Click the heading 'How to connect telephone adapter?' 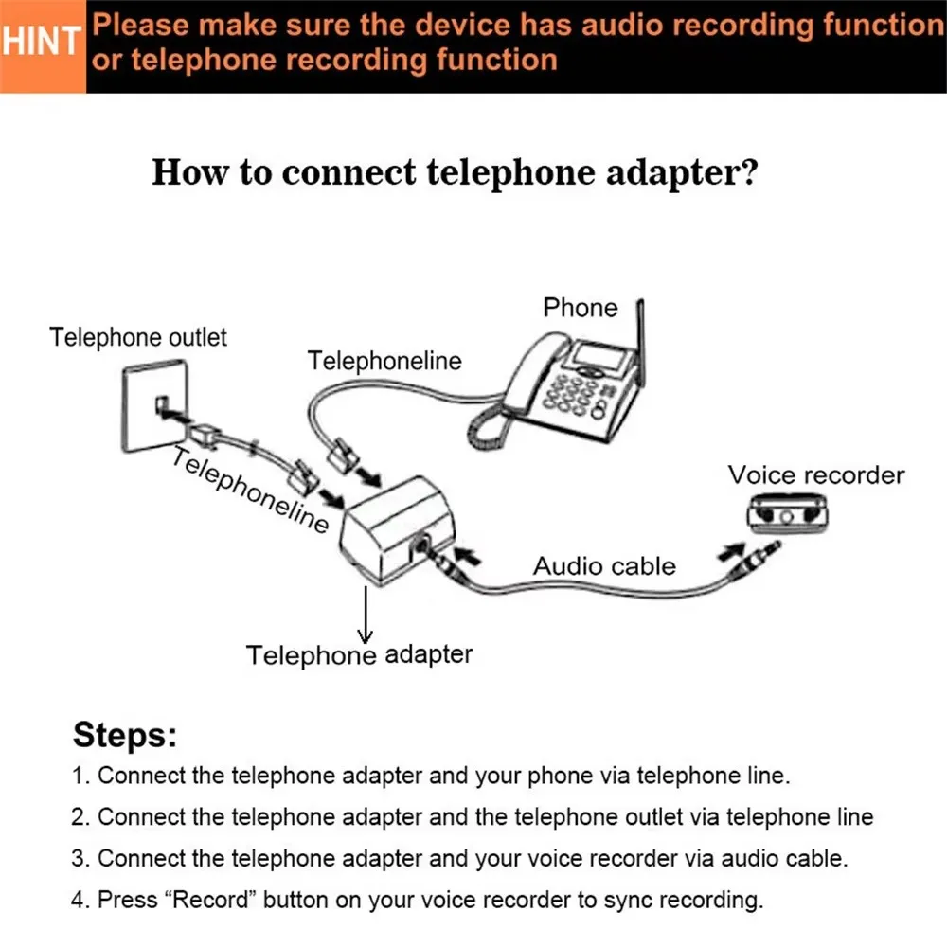[455, 173]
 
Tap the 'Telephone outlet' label [138, 337]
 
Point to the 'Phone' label [580, 307]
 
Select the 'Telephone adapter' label [359, 653]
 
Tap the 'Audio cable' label [604, 566]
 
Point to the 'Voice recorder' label [815, 474]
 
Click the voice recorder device [785, 512]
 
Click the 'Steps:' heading [125, 735]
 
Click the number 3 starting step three [79, 858]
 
